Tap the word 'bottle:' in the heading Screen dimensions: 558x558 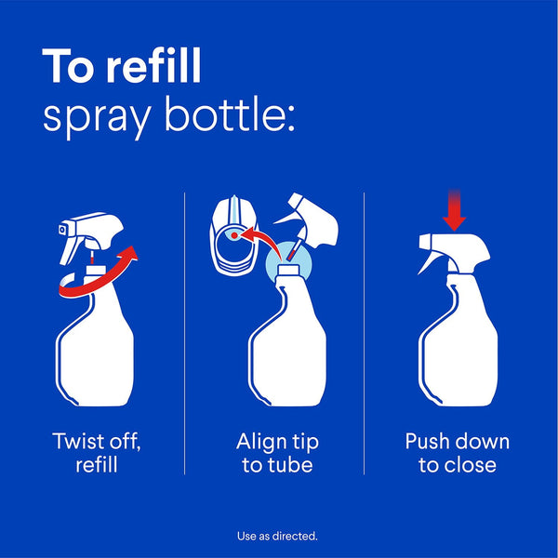click(234, 118)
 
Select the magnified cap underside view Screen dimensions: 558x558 click(232, 240)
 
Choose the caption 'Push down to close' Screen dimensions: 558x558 click(457, 453)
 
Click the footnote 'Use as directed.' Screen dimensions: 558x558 click(278, 537)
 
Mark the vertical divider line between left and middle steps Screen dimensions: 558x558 click(184, 335)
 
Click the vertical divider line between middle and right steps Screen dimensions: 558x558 click(364, 335)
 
